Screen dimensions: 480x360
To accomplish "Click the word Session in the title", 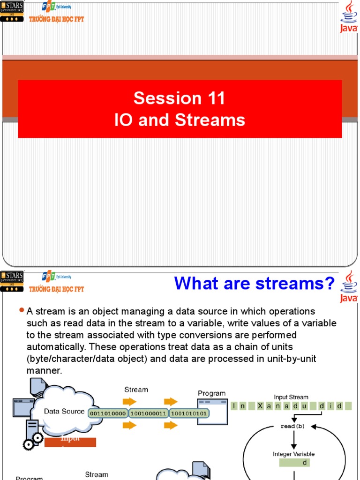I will [161, 98].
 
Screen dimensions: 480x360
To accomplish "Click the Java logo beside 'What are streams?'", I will [349, 286].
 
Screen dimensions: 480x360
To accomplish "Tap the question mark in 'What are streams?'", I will [330, 283].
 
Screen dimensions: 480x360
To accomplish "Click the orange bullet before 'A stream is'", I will [21, 310].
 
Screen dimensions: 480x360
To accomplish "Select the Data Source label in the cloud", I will [64, 412].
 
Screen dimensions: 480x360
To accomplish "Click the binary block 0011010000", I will [108, 414].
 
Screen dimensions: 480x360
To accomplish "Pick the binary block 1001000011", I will [148, 414].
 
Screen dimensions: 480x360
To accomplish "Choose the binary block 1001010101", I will [189, 414].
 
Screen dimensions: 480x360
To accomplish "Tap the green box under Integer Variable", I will [294, 463].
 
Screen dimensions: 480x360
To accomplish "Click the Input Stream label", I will [291, 397].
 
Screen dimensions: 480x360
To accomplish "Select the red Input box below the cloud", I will [70, 442].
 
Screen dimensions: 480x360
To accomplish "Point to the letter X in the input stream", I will [260, 406].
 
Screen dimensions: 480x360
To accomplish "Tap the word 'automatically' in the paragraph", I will [57, 347].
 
